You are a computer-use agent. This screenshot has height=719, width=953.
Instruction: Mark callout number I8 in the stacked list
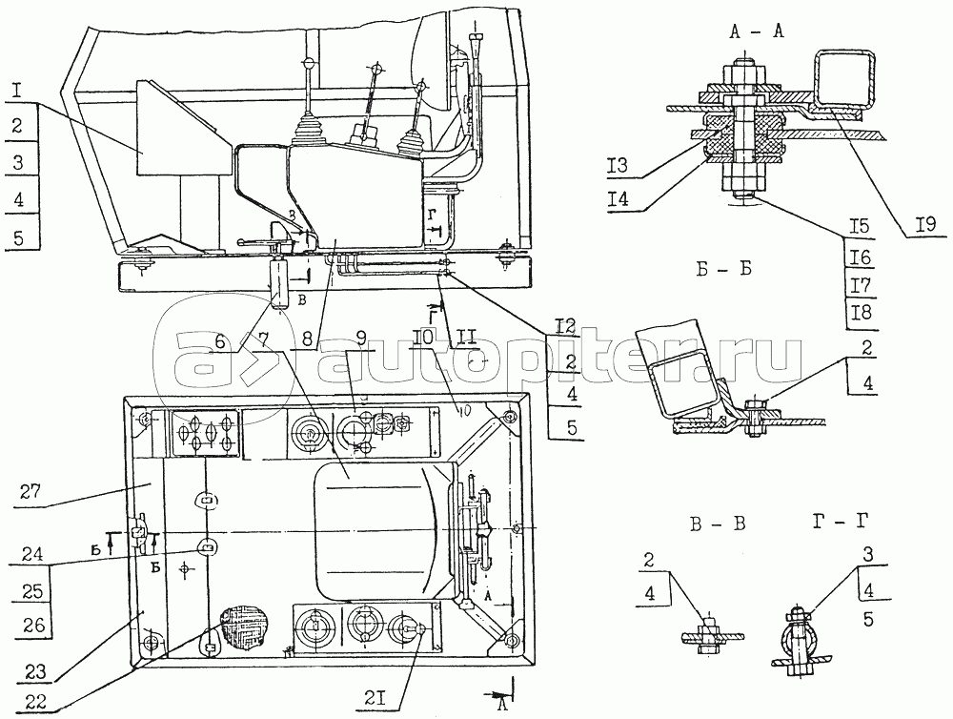pyautogui.click(x=862, y=312)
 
